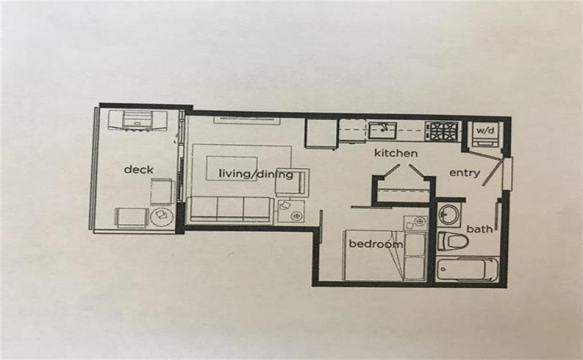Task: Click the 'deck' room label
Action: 139,169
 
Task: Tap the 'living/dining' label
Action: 256,174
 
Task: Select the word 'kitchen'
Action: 396,153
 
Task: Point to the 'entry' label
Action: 464,173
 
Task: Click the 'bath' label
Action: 479,229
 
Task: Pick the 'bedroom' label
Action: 376,244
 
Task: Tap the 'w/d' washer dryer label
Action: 485,130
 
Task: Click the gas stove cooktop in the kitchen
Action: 441,132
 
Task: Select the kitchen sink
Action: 383,130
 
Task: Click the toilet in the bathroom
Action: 452,241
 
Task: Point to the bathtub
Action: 466,269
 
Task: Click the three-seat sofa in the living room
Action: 230,209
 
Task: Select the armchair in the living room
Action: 292,182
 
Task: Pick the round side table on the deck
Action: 162,216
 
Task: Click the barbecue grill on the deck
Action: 138,121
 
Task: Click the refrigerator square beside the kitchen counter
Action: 322,134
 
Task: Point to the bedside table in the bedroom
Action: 416,223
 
